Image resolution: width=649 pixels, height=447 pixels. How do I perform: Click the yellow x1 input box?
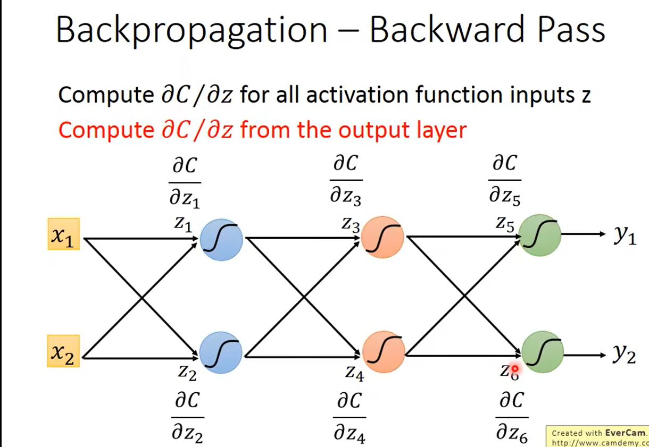63,234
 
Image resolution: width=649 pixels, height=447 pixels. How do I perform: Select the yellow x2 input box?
63,351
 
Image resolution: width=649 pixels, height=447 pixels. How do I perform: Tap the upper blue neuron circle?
221,240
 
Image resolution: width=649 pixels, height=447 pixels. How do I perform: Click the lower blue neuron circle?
221,352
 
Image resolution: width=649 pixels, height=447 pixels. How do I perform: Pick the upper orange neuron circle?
382,237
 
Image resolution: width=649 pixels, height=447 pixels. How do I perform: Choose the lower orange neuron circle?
384,352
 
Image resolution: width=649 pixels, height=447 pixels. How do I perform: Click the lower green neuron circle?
542,351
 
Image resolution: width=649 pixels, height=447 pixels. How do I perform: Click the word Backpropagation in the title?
192,30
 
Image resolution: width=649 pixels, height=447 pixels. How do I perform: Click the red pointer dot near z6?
514,368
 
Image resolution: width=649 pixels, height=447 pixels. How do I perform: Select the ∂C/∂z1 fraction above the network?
185,182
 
